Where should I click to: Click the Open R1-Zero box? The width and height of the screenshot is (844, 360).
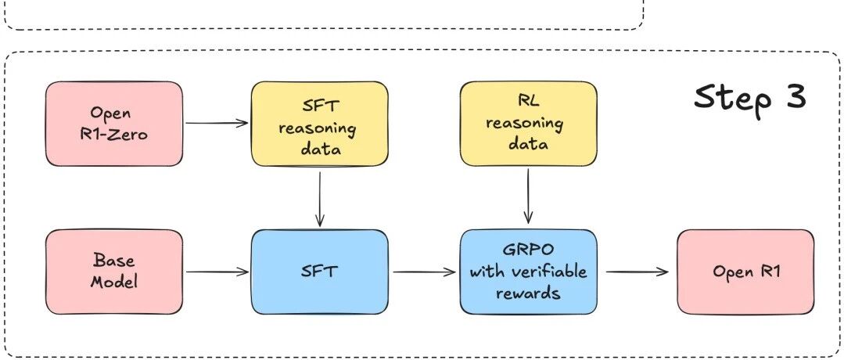(x=114, y=124)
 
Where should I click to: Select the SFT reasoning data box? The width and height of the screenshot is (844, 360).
(x=320, y=124)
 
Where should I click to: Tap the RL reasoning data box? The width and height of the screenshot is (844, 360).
(x=528, y=124)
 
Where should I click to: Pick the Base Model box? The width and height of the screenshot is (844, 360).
(x=114, y=272)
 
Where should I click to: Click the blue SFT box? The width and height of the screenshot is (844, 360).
(x=320, y=272)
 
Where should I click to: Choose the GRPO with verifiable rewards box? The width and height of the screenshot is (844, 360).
(x=528, y=272)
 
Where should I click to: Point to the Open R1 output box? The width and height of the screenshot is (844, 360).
(x=745, y=272)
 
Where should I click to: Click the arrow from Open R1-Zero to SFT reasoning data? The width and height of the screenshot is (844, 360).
(x=217, y=124)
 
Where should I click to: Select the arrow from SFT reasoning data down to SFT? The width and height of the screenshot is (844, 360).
(x=320, y=199)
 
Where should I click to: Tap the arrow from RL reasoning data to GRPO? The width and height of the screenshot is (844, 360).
(x=528, y=196)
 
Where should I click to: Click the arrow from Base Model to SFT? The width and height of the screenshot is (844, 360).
(x=217, y=272)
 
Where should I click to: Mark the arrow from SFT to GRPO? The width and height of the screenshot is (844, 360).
(x=425, y=272)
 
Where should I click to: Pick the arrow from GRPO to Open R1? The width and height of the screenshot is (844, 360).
(x=637, y=272)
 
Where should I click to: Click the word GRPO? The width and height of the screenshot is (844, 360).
(x=528, y=251)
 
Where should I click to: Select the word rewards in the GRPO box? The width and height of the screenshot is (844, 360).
(x=528, y=293)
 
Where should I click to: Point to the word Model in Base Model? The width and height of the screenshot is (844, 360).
(x=113, y=282)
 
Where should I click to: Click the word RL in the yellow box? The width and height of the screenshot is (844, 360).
(x=527, y=102)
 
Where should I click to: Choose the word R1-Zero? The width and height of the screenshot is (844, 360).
(x=113, y=134)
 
